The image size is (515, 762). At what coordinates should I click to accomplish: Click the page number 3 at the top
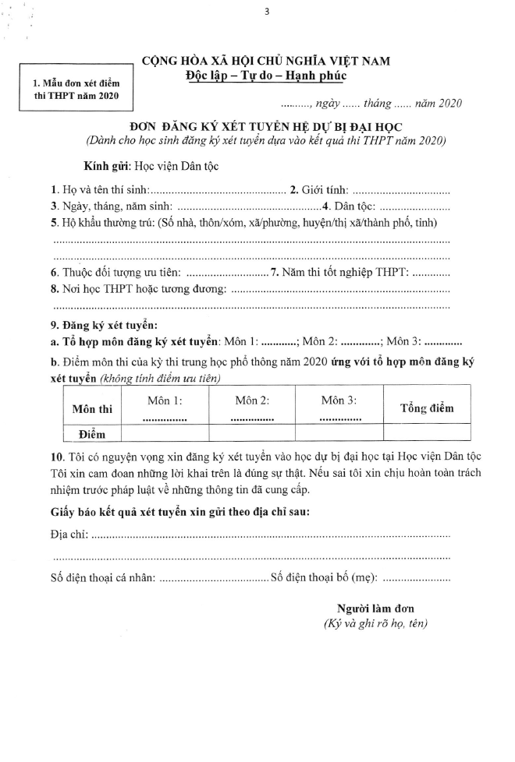pos(266,10)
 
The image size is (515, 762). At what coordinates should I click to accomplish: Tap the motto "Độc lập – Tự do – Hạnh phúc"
pos(265,76)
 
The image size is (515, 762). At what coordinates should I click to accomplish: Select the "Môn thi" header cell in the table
pos(92,408)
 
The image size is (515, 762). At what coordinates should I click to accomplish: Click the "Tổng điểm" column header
pos(426,408)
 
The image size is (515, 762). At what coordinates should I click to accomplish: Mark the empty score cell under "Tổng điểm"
pos(426,432)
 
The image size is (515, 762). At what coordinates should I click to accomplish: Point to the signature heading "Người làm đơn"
pos(375,608)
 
